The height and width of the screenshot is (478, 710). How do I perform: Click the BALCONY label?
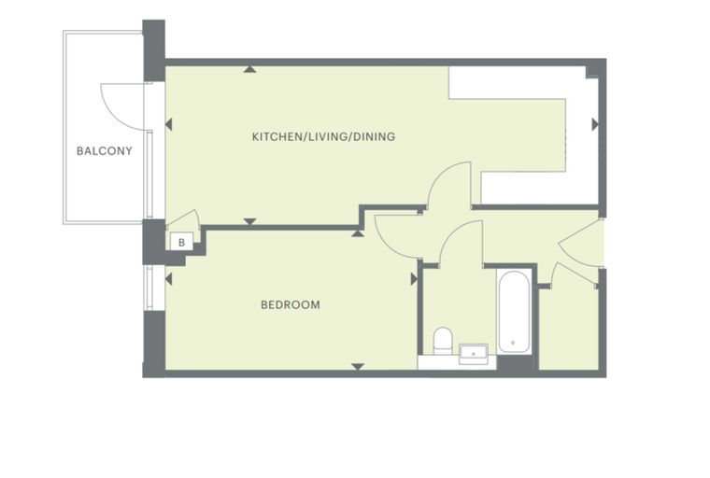(x=104, y=150)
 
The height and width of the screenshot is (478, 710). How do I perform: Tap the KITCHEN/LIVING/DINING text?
(x=323, y=136)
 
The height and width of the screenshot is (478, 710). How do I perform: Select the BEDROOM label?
(x=291, y=304)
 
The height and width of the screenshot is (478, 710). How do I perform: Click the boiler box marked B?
(x=181, y=242)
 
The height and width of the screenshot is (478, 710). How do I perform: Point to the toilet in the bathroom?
(x=443, y=342)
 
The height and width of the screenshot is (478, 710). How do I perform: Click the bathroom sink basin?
(x=474, y=354)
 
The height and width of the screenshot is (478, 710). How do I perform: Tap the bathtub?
(x=514, y=312)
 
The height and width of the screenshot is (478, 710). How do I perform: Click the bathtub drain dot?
(x=513, y=343)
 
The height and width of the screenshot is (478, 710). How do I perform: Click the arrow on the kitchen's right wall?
(x=595, y=124)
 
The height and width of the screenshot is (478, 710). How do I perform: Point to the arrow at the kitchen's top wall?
(x=249, y=69)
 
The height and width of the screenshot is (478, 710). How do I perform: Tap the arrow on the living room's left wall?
(x=168, y=124)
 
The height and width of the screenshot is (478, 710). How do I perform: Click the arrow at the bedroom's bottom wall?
(x=358, y=367)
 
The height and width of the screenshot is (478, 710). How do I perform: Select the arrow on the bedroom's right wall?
(x=414, y=279)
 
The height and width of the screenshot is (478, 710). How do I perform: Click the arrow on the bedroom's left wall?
(x=168, y=279)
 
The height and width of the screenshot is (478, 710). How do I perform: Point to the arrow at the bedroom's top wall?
(x=358, y=233)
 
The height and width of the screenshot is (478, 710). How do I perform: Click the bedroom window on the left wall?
(x=149, y=288)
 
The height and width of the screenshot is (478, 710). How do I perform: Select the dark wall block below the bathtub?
(x=516, y=362)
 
